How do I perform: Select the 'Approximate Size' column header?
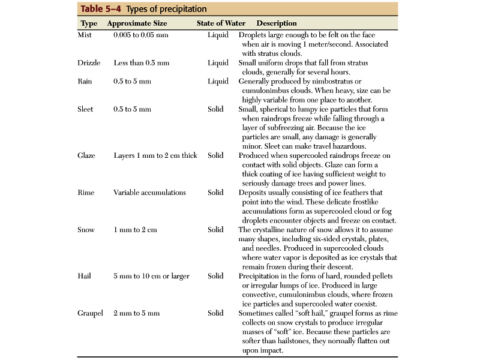point(137,23)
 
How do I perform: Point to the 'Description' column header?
point(277,23)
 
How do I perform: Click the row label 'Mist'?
point(85,35)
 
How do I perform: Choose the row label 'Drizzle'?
point(89,63)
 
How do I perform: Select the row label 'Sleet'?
point(86,109)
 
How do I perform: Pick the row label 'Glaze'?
point(87,155)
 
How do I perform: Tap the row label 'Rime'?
point(86,193)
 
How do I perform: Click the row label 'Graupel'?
point(91,313)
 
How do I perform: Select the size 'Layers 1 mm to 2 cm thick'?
point(155,155)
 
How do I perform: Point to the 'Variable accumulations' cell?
point(150,193)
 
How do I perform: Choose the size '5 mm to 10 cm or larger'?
point(151,276)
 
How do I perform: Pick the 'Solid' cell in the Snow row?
point(215,230)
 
